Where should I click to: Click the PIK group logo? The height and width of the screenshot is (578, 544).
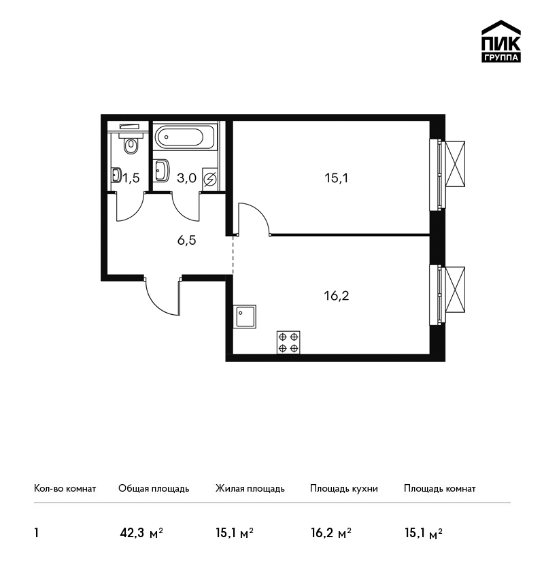(x=501, y=41)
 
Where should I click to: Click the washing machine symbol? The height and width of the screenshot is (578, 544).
(x=209, y=180)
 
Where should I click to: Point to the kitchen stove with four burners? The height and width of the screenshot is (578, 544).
(x=288, y=343)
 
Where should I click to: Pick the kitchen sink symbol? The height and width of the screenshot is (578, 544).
(x=244, y=316)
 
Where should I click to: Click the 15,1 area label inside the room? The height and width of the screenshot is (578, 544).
(x=336, y=178)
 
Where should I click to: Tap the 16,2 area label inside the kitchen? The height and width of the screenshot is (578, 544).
(x=337, y=296)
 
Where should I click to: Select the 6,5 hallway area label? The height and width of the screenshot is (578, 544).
(x=186, y=240)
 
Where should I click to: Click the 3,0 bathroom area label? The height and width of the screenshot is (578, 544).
(x=186, y=178)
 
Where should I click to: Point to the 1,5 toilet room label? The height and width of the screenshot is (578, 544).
(x=131, y=178)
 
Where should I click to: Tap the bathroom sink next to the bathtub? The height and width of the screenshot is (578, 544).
(x=161, y=170)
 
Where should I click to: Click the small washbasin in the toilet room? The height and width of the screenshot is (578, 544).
(x=116, y=175)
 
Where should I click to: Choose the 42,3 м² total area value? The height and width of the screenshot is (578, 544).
(x=141, y=533)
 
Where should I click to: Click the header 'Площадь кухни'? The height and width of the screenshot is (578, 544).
(x=344, y=489)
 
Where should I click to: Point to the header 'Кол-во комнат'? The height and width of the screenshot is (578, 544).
(x=65, y=489)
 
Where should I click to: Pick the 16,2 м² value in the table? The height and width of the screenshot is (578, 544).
(x=331, y=533)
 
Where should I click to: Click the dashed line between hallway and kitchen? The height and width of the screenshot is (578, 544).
(x=233, y=254)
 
